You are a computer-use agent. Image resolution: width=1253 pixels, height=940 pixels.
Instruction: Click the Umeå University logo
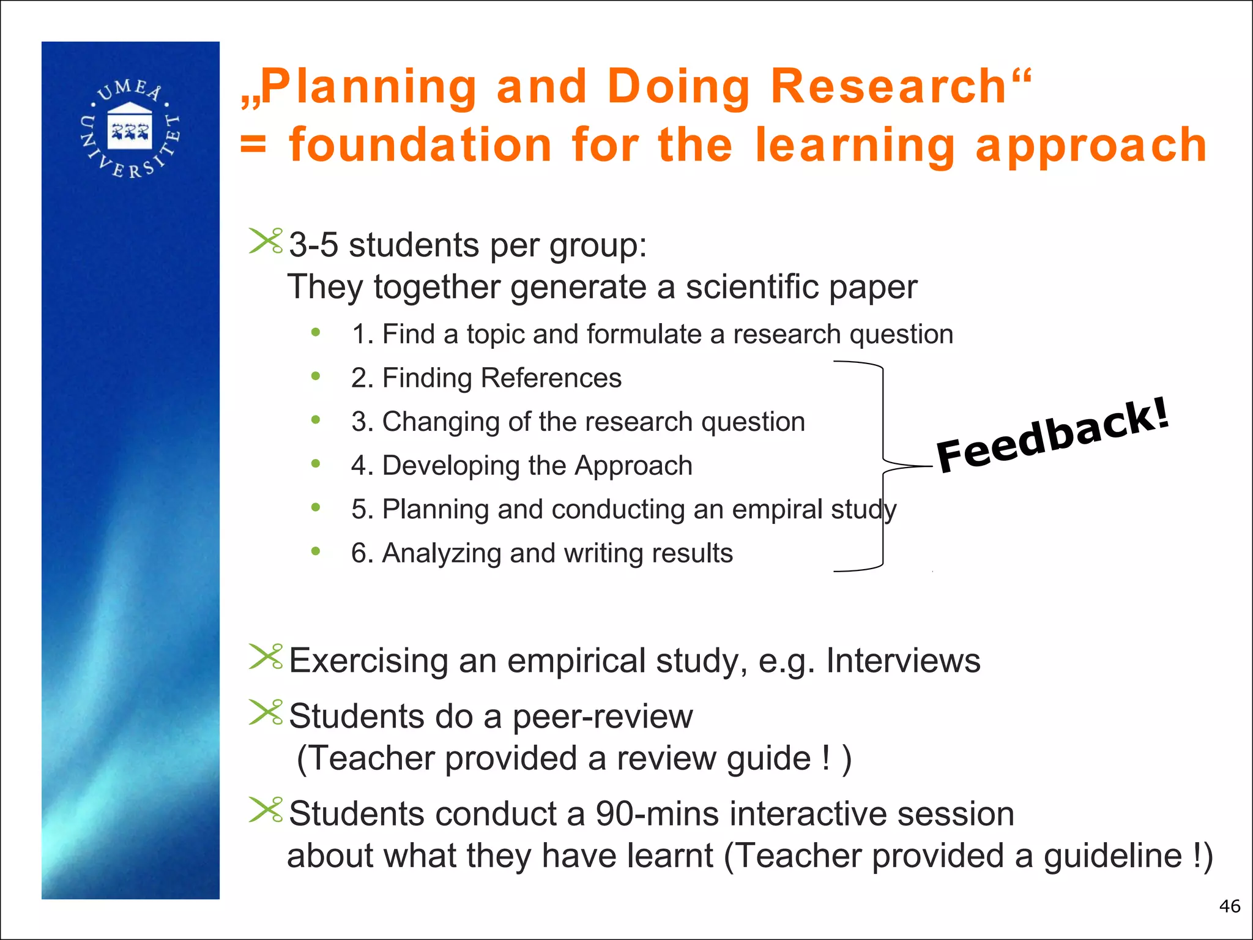pos(130,129)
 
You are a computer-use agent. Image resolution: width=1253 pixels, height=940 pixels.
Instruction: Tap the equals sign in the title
pos(253,146)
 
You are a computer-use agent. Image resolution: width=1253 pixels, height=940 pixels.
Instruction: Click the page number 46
pos(1229,906)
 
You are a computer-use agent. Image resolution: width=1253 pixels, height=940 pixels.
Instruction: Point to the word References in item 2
pos(551,378)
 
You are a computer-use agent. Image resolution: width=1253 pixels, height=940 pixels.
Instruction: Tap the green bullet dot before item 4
pos(316,464)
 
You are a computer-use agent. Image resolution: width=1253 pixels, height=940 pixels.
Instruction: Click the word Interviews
pos(903,661)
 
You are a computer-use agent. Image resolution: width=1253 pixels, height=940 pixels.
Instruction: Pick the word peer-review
pos(603,717)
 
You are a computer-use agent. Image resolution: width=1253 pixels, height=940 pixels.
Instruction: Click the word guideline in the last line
pos(1113,856)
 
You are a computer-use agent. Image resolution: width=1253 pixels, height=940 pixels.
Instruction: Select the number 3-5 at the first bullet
pos(313,245)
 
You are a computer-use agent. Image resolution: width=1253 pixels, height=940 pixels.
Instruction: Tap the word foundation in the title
pos(421,146)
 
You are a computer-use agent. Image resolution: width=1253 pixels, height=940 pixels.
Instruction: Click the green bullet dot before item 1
pos(316,332)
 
